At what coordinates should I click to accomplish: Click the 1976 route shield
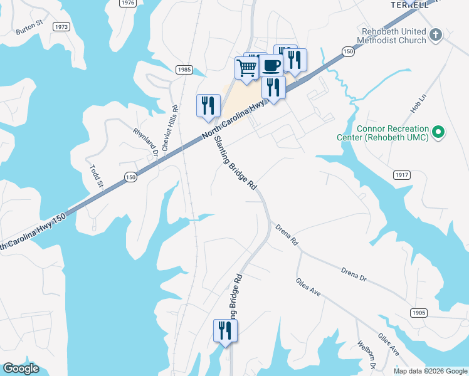coord(128,3)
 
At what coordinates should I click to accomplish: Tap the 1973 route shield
coord(61,27)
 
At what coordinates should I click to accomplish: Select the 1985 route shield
coord(184,70)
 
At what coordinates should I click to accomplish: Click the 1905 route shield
coord(419,312)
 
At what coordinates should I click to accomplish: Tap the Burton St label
coord(29,29)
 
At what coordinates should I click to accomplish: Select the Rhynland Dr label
coord(145,140)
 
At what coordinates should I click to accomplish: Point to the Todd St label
coord(95,176)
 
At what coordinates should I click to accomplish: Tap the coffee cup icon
coord(271,65)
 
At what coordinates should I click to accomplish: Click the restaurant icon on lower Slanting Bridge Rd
coord(225,330)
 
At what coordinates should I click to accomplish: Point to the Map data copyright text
coord(429,371)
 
